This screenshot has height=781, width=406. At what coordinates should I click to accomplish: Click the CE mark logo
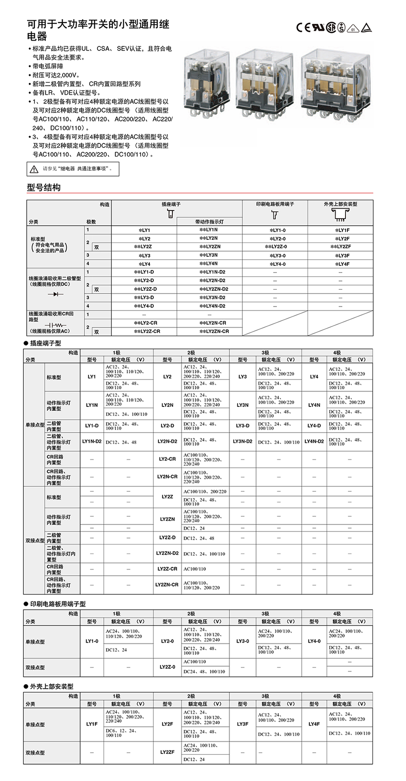click(303, 27)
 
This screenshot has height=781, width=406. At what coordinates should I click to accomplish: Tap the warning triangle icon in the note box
click(34, 169)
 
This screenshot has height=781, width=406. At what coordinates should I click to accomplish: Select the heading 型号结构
click(43, 187)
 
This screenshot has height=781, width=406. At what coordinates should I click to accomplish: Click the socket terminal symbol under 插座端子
click(171, 214)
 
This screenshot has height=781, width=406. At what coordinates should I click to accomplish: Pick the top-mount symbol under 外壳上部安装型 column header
click(340, 215)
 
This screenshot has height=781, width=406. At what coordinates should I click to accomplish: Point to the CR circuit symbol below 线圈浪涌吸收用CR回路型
click(55, 325)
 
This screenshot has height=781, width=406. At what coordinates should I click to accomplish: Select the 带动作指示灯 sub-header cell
click(209, 222)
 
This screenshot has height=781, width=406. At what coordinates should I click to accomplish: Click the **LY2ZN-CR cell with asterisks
click(214, 331)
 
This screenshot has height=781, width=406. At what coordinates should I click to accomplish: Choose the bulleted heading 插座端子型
click(45, 343)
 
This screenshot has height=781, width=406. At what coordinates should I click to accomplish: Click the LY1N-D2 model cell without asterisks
click(92, 442)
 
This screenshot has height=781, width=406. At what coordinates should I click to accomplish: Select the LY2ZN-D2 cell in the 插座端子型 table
click(167, 553)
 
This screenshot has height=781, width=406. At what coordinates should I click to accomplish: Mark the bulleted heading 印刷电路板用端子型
click(57, 604)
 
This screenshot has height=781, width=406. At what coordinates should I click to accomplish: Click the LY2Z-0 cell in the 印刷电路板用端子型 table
click(167, 667)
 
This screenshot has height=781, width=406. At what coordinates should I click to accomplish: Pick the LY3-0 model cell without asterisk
click(243, 641)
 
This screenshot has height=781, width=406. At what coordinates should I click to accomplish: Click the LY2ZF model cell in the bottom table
click(167, 752)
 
